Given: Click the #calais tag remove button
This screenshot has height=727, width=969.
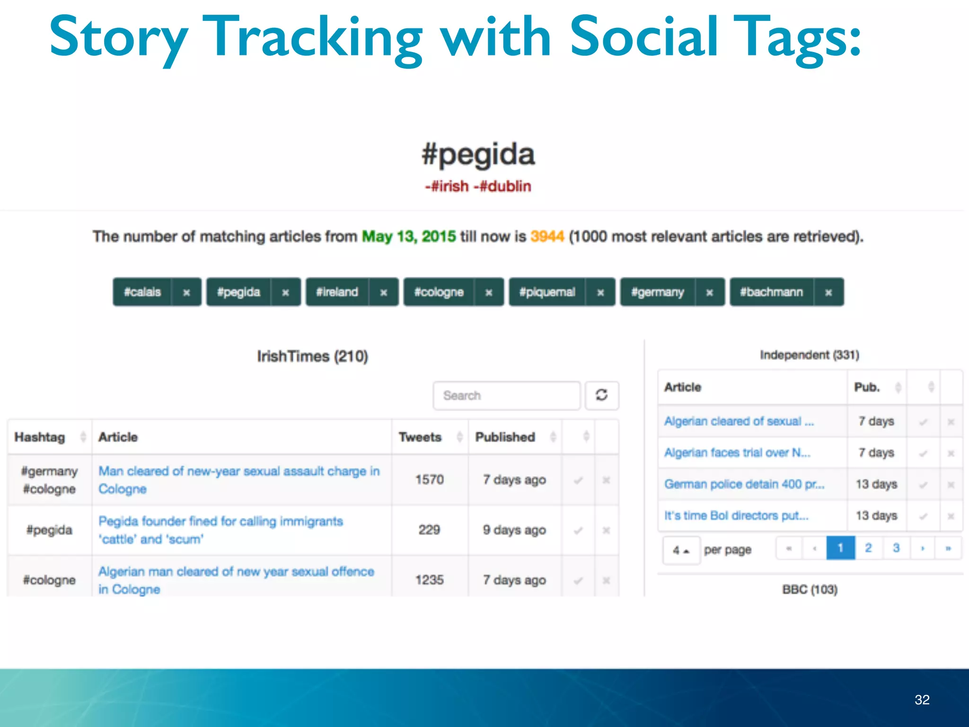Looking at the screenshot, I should point(186,293).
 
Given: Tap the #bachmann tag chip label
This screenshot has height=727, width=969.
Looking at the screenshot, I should point(771,293).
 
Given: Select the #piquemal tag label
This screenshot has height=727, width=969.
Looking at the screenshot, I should point(547,293).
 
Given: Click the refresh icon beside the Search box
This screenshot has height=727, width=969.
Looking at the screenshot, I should point(601,395).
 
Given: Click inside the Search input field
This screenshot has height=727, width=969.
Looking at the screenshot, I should point(506,395).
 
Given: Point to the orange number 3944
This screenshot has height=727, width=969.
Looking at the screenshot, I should point(547,236).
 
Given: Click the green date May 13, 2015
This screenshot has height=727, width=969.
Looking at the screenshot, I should point(409,236).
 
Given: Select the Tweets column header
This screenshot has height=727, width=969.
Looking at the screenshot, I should point(420,437).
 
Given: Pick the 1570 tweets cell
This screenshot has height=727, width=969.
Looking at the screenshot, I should point(429,480).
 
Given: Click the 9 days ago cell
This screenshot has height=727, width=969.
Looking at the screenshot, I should point(514,530).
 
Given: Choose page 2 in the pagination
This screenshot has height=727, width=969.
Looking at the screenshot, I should point(868,548).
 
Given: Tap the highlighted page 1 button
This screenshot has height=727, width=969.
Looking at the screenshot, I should point(840,548).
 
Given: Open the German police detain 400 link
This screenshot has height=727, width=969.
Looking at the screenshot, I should point(744,484).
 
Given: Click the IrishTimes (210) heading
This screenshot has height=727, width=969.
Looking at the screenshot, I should point(312,356).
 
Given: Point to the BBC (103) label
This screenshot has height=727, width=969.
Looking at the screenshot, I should point(810,590).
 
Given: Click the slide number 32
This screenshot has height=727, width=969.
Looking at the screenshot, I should point(922,700).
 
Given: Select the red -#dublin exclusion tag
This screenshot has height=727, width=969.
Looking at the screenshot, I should point(502,186).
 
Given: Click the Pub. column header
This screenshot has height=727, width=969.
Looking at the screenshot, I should point(867,387).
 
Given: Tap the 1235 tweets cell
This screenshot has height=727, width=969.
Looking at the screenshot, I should point(429,580).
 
